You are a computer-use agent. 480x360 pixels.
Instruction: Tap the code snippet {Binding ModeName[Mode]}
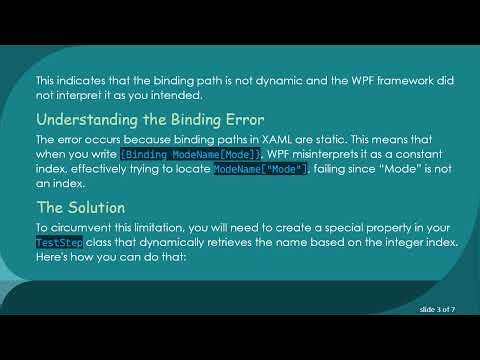[190, 154]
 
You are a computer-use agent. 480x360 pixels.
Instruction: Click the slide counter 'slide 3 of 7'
[437, 311]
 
